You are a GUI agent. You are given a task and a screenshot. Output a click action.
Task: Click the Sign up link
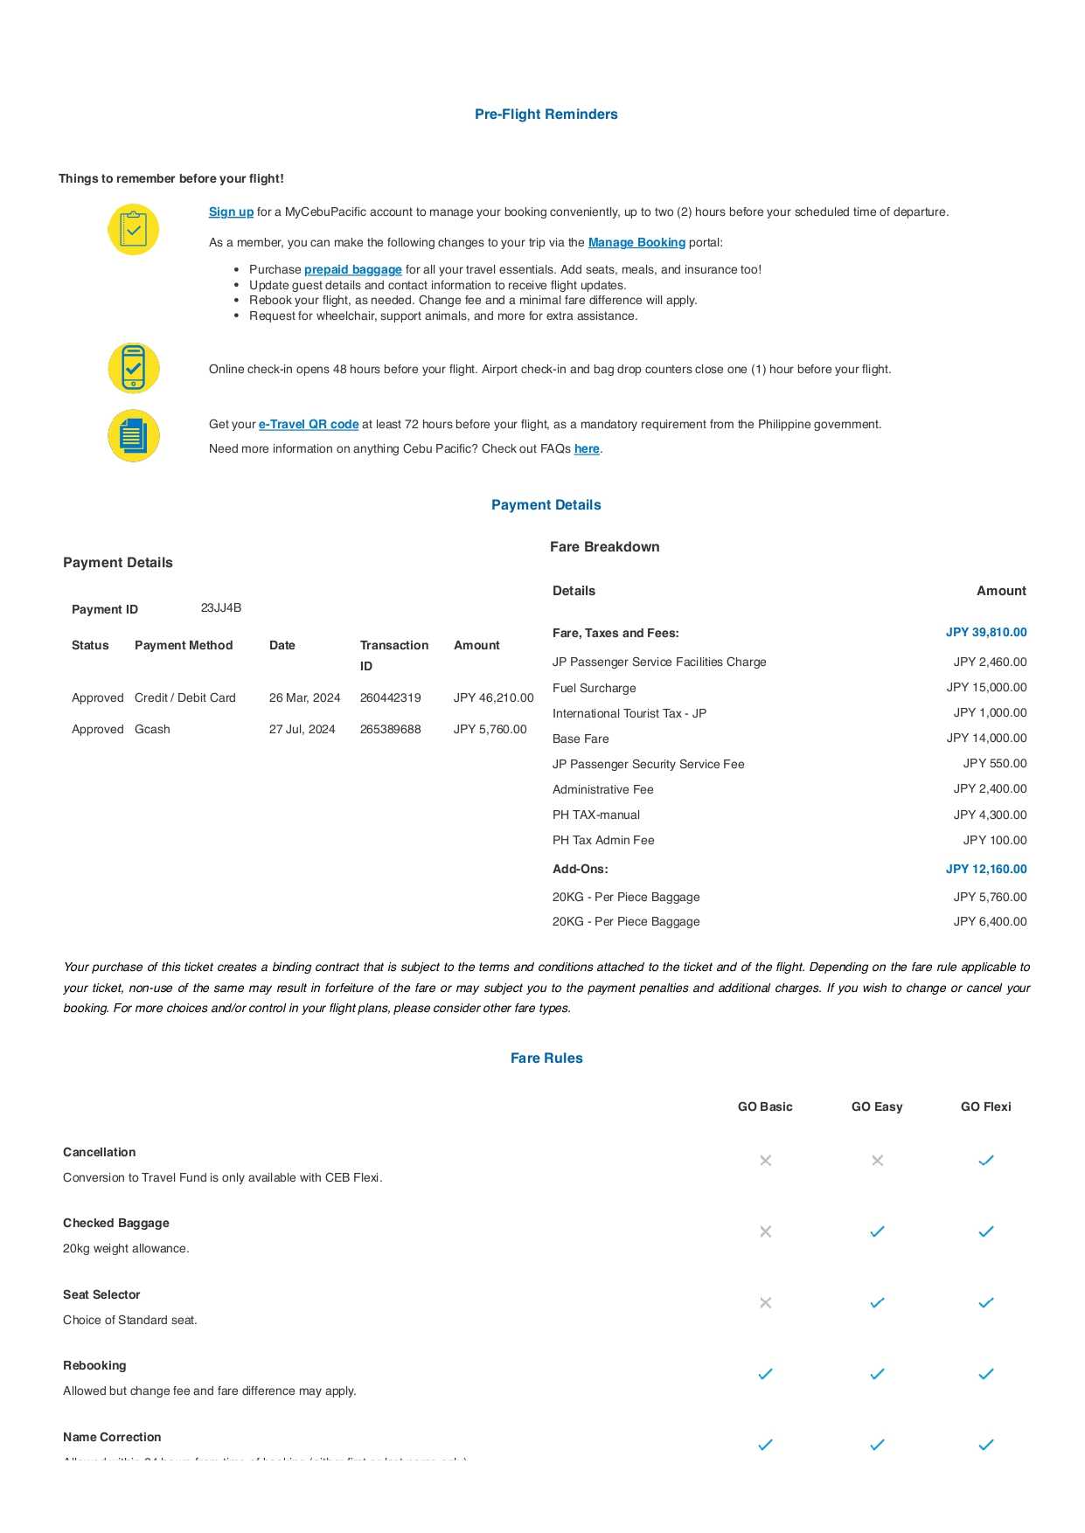(x=231, y=212)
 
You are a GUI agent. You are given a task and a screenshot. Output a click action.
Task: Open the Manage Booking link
(x=636, y=243)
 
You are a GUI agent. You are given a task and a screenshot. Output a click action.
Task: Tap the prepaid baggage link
(x=352, y=270)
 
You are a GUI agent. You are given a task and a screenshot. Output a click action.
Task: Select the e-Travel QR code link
(x=309, y=425)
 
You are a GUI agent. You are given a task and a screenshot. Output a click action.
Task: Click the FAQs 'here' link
(x=587, y=449)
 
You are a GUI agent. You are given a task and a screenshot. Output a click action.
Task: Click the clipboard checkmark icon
(x=133, y=230)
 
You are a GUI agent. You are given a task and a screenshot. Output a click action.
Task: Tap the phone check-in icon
(x=133, y=368)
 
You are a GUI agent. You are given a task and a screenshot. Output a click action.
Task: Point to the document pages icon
(x=133, y=435)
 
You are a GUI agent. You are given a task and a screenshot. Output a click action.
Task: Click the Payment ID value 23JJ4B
(x=221, y=608)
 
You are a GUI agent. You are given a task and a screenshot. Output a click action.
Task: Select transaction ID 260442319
(x=390, y=698)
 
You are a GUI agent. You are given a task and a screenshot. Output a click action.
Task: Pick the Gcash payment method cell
(x=152, y=730)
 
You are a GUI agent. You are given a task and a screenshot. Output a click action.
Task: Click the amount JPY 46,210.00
(x=493, y=698)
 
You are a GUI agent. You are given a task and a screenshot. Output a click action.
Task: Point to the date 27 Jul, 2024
(x=302, y=730)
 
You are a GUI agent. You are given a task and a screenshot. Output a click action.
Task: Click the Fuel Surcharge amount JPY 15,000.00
(x=986, y=688)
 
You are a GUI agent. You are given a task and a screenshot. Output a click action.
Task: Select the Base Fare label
(x=581, y=739)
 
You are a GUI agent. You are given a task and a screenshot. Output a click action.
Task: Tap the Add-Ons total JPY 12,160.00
(x=986, y=870)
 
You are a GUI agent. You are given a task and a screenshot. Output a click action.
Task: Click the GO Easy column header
(x=877, y=1107)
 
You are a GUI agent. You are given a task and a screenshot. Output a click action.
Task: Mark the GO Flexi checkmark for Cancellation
(x=986, y=1161)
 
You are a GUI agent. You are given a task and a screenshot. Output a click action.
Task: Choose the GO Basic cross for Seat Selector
(x=765, y=1303)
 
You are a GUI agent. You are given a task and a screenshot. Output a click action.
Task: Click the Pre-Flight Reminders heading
(x=546, y=114)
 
